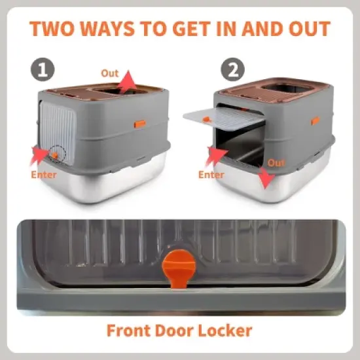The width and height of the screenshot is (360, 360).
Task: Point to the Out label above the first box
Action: coord(110,73)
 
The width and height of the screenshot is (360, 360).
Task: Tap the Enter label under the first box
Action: coord(45,175)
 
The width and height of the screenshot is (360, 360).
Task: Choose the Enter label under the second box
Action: coord(211,175)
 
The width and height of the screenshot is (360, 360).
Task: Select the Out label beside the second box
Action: coord(277,162)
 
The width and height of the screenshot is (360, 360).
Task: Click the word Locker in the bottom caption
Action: coord(222,330)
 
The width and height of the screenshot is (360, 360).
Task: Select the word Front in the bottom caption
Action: coord(129,330)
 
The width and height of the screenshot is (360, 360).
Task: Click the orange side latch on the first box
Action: coord(139,123)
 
